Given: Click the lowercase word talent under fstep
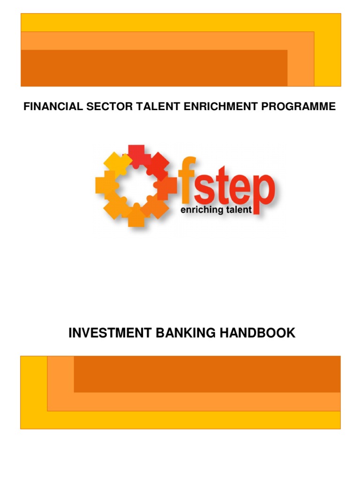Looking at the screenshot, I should coord(239,210).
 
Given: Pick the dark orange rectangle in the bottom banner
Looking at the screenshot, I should coord(207,374).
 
